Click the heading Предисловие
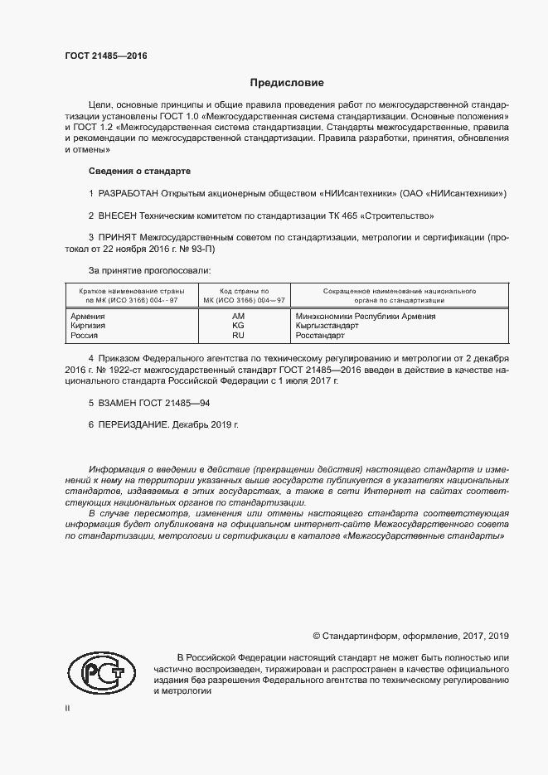(287, 83)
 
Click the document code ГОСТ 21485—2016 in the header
(106, 56)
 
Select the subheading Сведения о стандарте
(139, 172)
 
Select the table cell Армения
(87, 317)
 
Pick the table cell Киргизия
(88, 327)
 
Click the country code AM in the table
(239, 317)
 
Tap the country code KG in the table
(239, 327)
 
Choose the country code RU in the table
(239, 337)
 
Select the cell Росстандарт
(321, 337)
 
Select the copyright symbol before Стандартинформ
(316, 636)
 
